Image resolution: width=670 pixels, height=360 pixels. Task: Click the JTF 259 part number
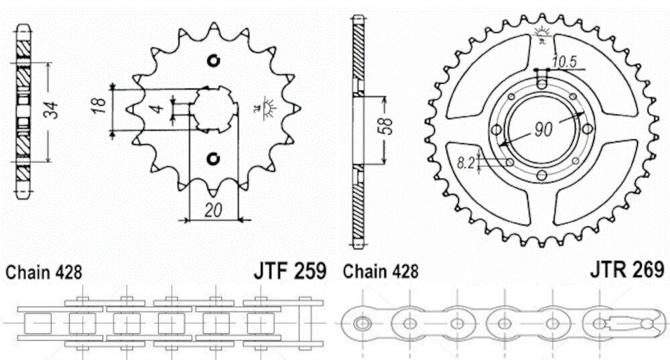pos(290,271)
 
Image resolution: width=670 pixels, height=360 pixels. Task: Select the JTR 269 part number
pos(627,269)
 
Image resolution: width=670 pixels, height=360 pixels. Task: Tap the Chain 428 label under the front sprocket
pos(44,272)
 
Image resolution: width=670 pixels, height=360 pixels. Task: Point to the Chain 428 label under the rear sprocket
pos(381,271)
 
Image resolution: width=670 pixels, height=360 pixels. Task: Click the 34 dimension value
pos(52,111)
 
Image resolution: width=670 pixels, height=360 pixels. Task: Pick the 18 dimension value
pos(98,106)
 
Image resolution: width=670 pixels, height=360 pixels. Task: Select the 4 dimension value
pos(158,108)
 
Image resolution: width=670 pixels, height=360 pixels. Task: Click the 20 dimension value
pos(213,210)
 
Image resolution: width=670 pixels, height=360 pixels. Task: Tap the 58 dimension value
pos(386,126)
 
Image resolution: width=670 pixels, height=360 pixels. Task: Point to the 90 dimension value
pos(543,129)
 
